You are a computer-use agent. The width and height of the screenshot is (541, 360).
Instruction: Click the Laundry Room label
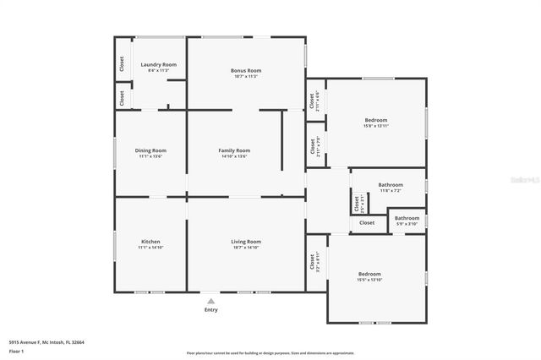[158, 64]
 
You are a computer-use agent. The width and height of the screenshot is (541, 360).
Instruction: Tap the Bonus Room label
[246, 70]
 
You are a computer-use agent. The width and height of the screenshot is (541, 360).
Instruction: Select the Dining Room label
[150, 150]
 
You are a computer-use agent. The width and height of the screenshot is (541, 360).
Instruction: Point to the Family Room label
[234, 150]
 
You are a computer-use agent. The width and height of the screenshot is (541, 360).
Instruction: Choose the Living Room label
[246, 242]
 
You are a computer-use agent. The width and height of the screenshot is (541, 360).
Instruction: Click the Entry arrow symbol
[210, 300]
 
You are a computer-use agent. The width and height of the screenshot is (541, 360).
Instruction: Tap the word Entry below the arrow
[210, 309]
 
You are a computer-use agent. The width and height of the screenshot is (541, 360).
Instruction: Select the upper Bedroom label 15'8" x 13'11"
[375, 120]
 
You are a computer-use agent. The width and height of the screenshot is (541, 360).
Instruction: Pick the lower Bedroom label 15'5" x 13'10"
[369, 274]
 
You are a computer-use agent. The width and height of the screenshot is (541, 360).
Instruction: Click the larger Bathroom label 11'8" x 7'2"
[391, 184]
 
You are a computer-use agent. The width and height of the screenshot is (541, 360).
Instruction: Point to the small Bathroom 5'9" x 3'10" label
[407, 218]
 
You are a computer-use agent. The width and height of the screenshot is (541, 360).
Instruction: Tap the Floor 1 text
[16, 351]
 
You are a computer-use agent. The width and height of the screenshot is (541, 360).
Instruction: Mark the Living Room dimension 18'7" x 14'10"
[246, 248]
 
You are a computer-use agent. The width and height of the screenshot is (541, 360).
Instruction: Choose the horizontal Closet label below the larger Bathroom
[367, 223]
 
